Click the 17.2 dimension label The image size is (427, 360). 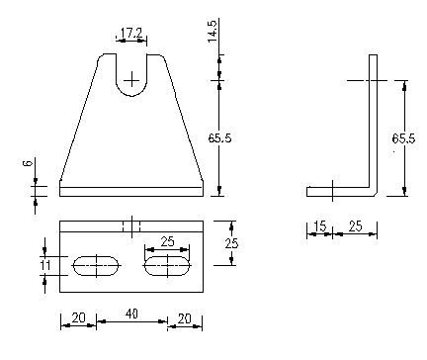coord(131,34)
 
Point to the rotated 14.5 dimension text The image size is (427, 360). coord(213,32)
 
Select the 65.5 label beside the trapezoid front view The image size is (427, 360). coord(219,137)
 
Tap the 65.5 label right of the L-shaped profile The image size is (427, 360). coord(403,138)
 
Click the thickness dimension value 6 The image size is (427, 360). coord(28,163)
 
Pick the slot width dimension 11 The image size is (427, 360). coord(45,265)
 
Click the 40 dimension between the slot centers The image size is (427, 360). coord(131,314)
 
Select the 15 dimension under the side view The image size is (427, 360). coord(320,226)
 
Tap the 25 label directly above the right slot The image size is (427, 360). coord(167,241)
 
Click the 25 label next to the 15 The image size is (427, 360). coord(355,226)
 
